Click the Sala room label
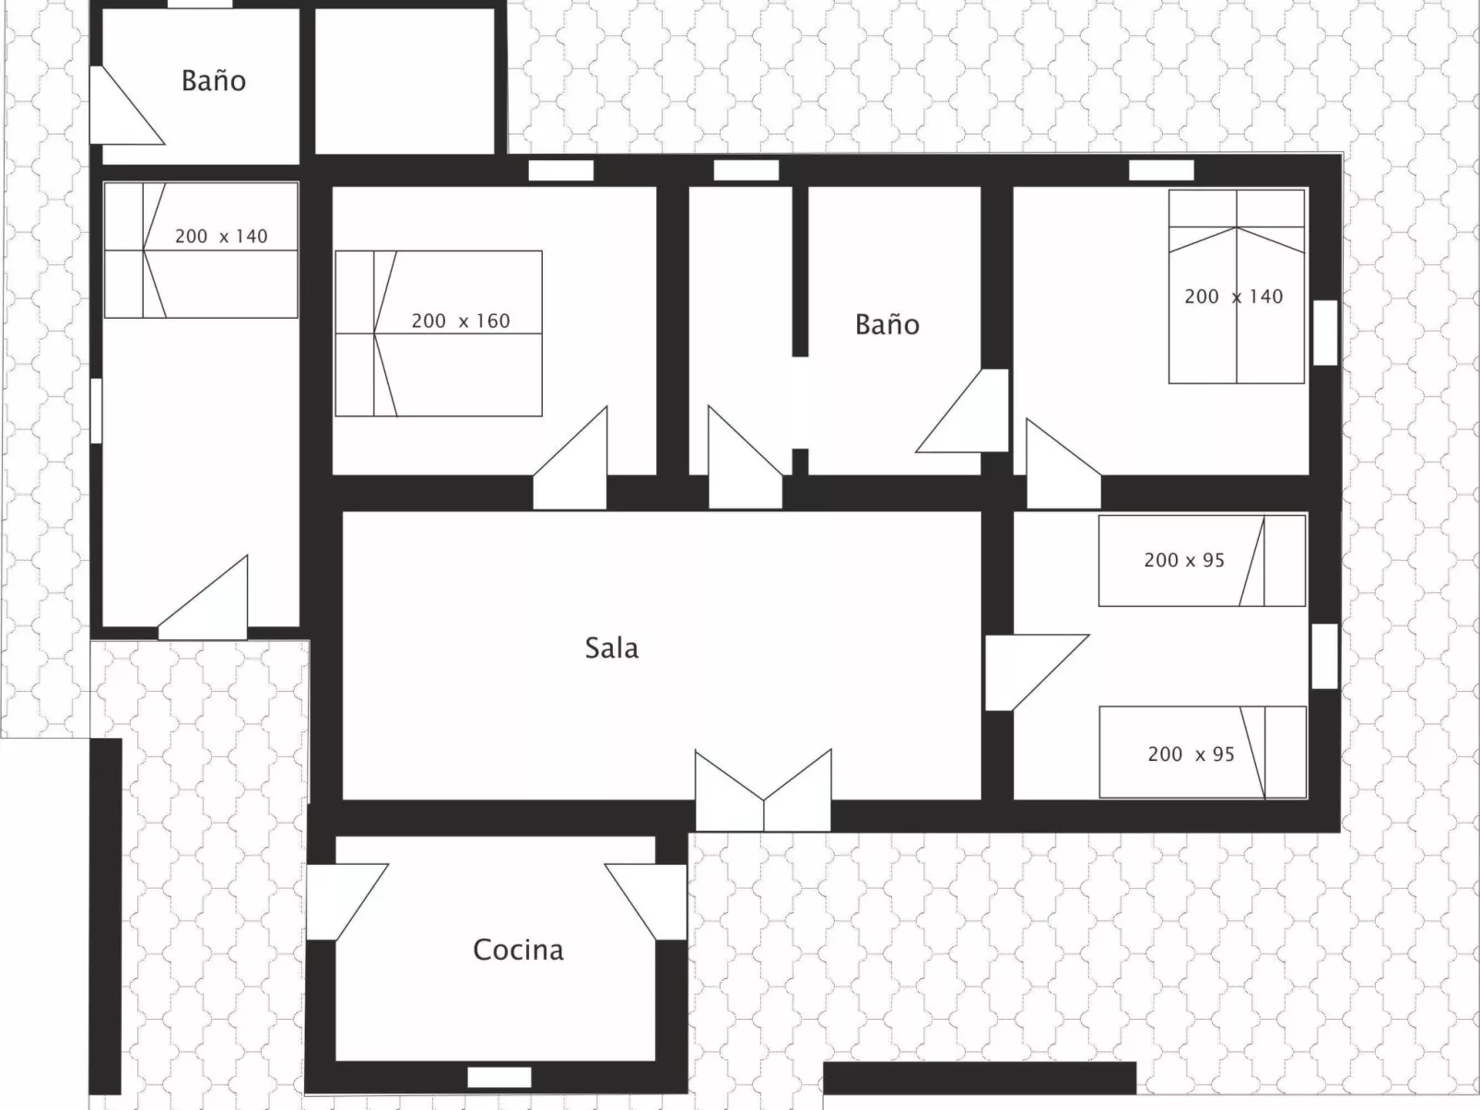(612, 648)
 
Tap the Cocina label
(518, 950)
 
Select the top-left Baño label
(214, 81)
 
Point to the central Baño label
(887, 324)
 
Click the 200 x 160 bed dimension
(461, 321)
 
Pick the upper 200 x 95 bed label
(1184, 560)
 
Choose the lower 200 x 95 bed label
(1191, 754)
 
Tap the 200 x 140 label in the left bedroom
(221, 237)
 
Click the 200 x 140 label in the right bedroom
(1233, 297)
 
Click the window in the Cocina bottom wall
(499, 1078)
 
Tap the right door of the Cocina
(646, 902)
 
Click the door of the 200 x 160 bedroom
(570, 459)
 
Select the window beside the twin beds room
(1325, 657)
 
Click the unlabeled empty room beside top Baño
(405, 82)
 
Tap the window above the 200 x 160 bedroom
(561, 170)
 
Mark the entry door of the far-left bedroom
(202, 598)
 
